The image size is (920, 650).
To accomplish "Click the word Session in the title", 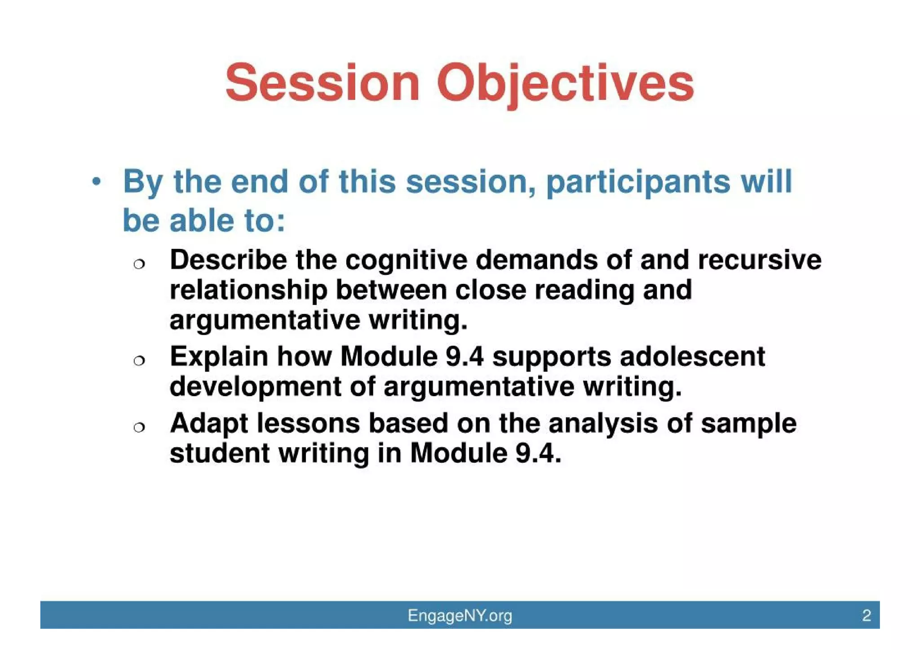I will point(322,83).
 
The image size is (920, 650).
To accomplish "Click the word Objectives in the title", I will point(566,83).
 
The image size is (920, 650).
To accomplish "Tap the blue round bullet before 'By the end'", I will point(96,182).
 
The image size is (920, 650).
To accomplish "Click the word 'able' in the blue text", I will point(202,221).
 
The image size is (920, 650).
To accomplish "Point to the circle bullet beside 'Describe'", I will point(139,264).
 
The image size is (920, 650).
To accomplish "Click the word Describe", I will point(228,260).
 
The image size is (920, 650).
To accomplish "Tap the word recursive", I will point(759,260).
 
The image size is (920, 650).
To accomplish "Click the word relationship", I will point(248,290).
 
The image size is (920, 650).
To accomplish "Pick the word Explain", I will point(219,357).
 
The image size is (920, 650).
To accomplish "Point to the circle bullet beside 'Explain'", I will point(139,360).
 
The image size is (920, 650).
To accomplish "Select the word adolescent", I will point(692,357).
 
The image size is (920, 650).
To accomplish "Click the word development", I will point(256,387).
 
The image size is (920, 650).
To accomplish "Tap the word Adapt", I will point(209,423).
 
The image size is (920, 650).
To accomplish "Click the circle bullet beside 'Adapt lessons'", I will point(139,427).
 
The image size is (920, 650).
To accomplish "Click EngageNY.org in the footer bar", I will point(460,615).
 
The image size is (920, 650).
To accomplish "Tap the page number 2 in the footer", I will point(867,615).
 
